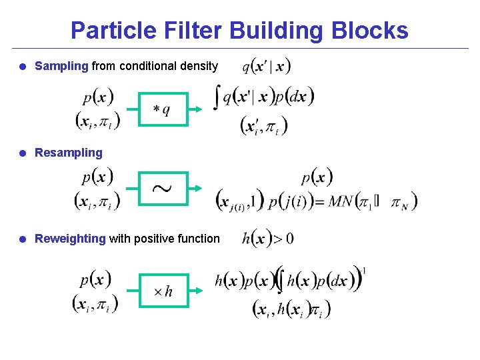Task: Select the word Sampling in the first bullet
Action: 61,66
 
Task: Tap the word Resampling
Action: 69,153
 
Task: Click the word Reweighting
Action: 70,239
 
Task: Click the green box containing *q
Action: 163,109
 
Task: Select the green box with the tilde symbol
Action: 163,189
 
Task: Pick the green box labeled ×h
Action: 163,291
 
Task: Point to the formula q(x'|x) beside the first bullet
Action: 266,66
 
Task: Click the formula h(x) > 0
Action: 267,238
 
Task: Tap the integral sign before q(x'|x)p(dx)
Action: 217,97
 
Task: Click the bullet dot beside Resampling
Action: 23,153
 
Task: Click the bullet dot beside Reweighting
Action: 23,239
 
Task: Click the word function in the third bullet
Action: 197,239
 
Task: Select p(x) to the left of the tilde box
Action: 97,178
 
